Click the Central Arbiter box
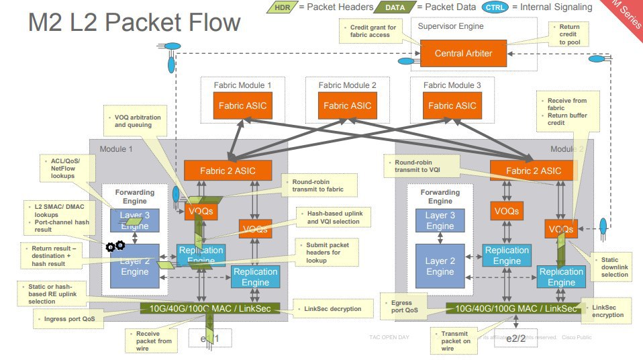463,53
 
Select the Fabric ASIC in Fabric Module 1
242,105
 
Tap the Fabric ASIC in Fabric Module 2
346,105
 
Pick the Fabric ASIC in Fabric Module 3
451,105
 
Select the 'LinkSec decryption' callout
333,309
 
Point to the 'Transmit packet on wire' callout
458,341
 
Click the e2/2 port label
511,339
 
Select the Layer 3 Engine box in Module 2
440,221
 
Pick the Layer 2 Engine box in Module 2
440,267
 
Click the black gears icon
115,246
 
